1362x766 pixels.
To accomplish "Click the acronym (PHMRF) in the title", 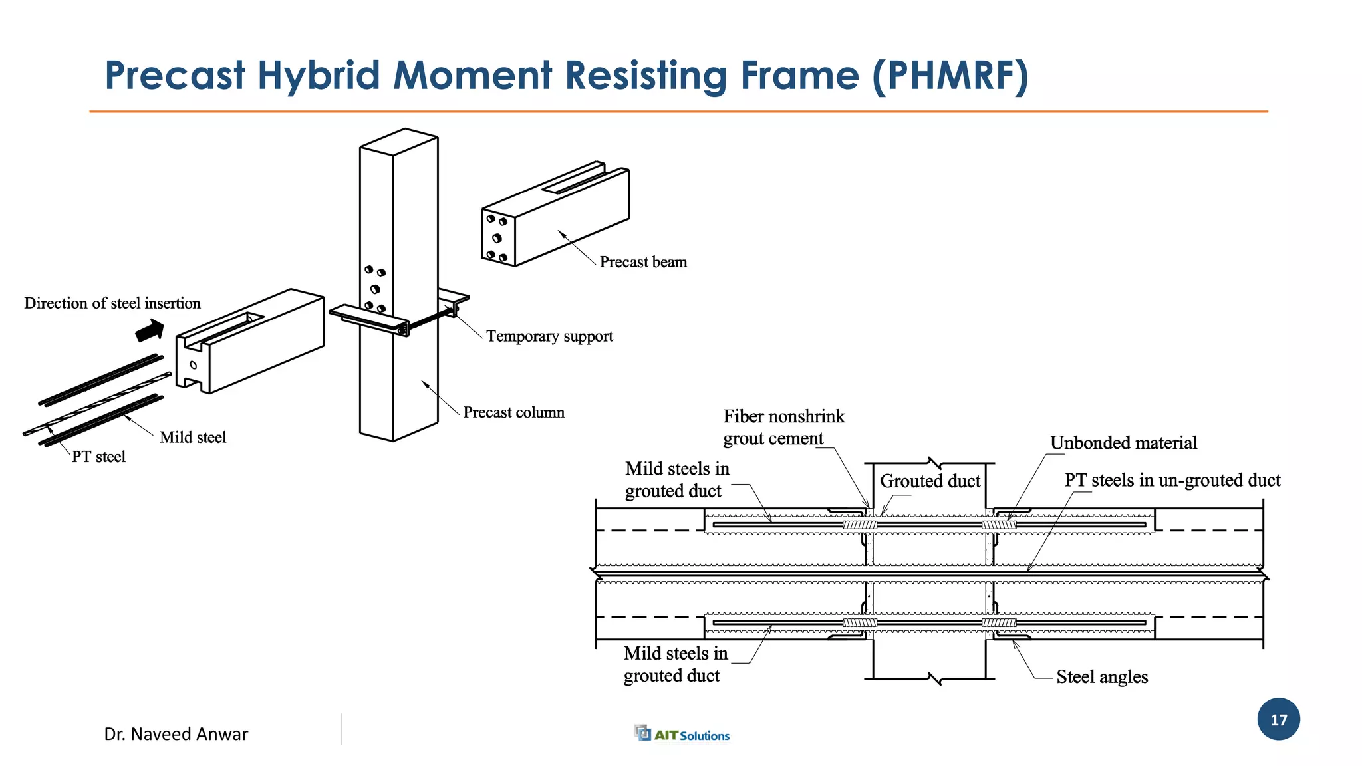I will [950, 76].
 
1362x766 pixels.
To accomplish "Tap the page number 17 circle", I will [1278, 719].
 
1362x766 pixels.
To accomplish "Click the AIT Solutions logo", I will [682, 734].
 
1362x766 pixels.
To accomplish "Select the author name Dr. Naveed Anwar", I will [176, 734].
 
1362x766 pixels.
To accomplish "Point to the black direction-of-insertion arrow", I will [150, 330].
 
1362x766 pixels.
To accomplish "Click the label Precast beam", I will [643, 262].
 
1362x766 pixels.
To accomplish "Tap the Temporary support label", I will [549, 336].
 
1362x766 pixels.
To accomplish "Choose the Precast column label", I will [513, 412].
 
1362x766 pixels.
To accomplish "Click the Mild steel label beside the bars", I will [193, 438].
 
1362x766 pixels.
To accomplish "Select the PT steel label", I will [98, 457].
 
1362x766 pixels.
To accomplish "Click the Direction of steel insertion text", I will [112, 303].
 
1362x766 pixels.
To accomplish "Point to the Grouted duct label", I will [930, 481].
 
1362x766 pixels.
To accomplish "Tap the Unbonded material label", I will [1123, 443].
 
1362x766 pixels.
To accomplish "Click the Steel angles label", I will [1102, 677].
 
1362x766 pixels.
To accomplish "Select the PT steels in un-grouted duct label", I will [1172, 480].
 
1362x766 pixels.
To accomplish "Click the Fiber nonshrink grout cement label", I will [783, 428].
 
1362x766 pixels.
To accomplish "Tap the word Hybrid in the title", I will [319, 76].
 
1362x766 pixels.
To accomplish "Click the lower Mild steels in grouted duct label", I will [674, 664].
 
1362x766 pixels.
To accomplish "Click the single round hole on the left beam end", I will [194, 365].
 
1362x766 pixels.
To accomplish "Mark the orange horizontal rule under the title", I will [678, 112].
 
